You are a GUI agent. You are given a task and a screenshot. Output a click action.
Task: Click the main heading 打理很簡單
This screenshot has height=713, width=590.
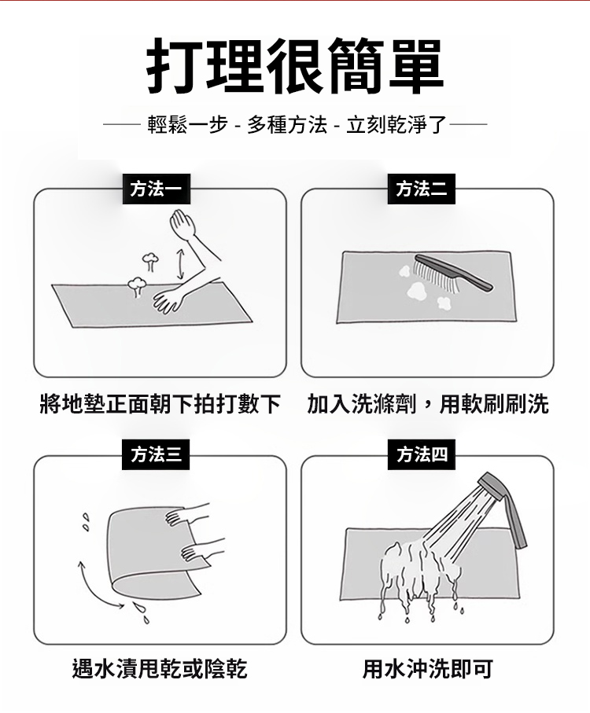click(x=295, y=66)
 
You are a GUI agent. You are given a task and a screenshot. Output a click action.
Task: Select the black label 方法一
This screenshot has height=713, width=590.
click(x=156, y=189)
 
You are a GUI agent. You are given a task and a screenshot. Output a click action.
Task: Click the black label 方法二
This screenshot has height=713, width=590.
click(x=421, y=189)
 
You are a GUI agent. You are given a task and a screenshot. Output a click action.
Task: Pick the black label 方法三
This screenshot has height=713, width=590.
click(x=156, y=454)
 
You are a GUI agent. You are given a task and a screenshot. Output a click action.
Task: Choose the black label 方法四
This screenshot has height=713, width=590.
click(x=421, y=454)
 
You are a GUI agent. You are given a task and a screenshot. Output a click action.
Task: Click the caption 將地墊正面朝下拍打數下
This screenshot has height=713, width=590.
click(x=160, y=404)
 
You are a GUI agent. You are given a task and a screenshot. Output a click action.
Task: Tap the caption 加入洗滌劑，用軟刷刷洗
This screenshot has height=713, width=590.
click(x=428, y=404)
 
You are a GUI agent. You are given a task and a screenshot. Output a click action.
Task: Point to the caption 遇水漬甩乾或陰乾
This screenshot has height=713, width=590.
click(x=160, y=669)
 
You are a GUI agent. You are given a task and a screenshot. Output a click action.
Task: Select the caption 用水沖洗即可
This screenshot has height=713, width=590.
click(x=428, y=669)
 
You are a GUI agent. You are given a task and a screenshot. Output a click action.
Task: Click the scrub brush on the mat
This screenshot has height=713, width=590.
click(x=453, y=274)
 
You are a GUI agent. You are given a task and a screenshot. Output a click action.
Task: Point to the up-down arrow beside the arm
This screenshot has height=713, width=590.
click(x=180, y=264)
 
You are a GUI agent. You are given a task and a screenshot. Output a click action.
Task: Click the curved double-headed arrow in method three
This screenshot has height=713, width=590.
click(x=97, y=586)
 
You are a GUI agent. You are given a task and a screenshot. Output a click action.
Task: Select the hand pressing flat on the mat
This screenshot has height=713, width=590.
click(x=167, y=301)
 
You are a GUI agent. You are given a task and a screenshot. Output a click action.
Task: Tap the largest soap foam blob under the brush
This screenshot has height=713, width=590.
click(x=417, y=290)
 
